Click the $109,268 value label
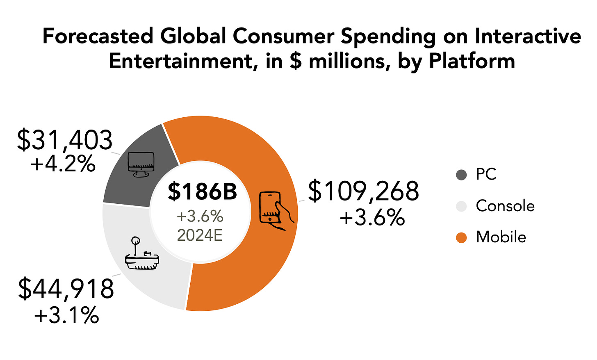(x=363, y=191)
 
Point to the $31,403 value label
(x=65, y=140)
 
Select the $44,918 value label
(x=66, y=289)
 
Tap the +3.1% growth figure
(x=67, y=316)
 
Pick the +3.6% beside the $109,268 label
(x=372, y=218)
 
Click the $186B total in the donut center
(x=202, y=191)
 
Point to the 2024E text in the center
(x=200, y=235)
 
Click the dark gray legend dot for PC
(x=461, y=175)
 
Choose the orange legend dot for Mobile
(x=461, y=237)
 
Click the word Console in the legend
(x=505, y=206)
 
